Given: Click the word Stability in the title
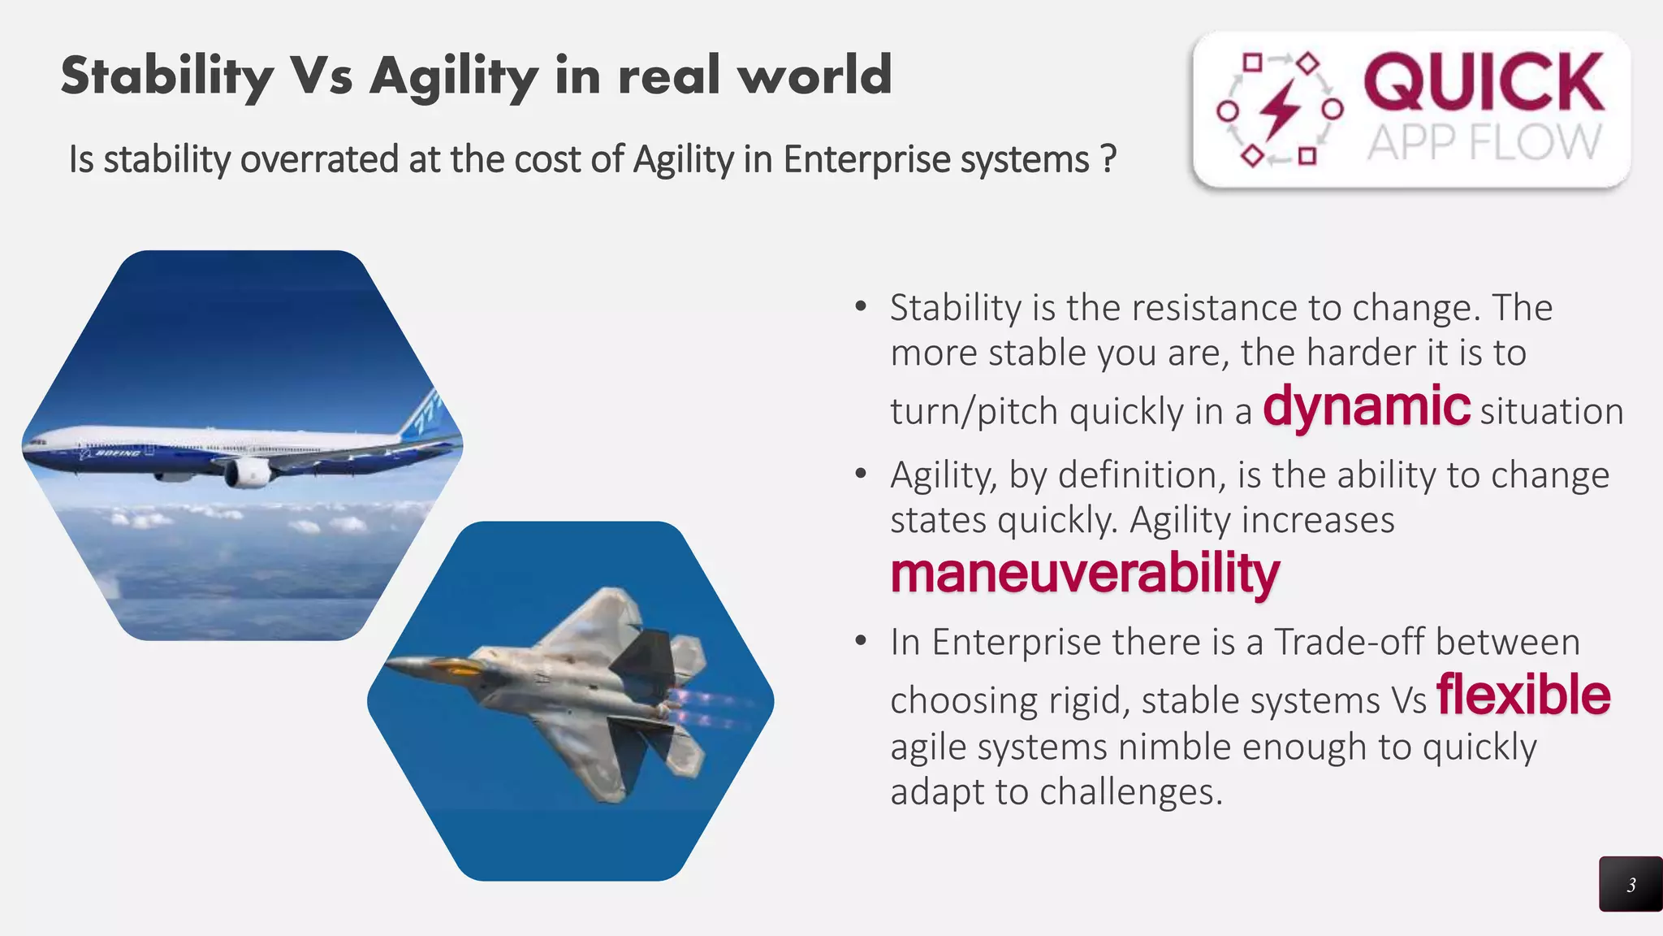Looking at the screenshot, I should point(167,76).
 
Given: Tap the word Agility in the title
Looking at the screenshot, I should point(454,76).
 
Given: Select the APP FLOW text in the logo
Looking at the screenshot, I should point(1484,143).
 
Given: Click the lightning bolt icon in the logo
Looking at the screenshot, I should point(1280,110).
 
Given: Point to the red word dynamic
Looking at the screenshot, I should point(1366,406).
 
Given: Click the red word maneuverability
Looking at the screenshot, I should point(1085,574).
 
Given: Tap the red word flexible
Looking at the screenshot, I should point(1523,695).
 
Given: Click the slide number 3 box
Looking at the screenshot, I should point(1631,884).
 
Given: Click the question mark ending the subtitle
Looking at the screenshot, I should point(1108,159).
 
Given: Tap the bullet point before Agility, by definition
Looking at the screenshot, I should point(862,474).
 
